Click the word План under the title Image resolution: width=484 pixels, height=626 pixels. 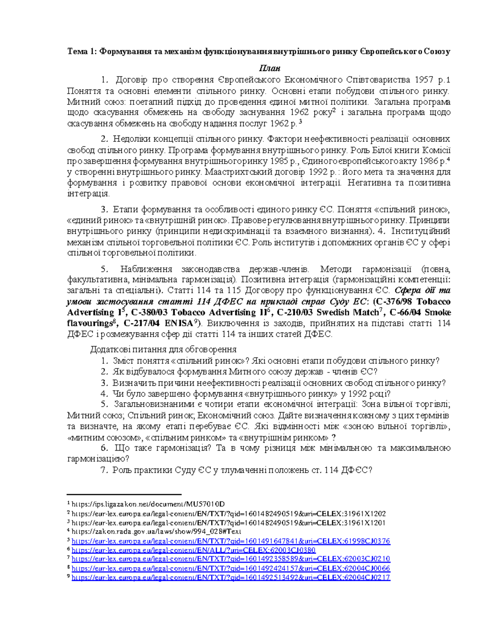(x=270, y=68)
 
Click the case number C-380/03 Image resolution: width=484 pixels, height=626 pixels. (x=148, y=312)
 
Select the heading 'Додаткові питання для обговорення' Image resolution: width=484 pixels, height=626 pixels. (x=163, y=349)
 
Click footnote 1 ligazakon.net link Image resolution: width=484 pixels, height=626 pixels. (x=148, y=504)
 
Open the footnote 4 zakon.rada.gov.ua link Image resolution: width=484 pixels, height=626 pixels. (x=156, y=531)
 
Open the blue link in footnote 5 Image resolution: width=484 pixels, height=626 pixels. (x=230, y=541)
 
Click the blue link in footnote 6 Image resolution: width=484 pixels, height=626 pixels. (x=193, y=550)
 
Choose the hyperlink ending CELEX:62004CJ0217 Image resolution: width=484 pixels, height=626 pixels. (x=230, y=577)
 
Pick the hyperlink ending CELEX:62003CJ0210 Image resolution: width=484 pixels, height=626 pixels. (x=230, y=559)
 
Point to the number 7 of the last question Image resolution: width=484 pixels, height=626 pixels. (x=104, y=470)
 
